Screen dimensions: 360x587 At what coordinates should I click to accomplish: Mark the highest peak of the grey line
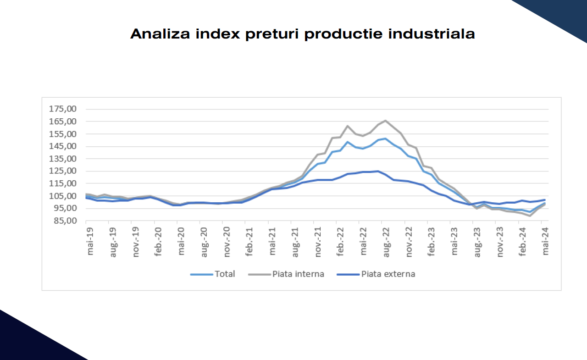(385, 121)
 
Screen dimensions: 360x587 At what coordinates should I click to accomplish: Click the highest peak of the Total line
(385, 138)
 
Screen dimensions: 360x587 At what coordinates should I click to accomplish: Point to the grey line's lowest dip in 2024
(530, 216)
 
